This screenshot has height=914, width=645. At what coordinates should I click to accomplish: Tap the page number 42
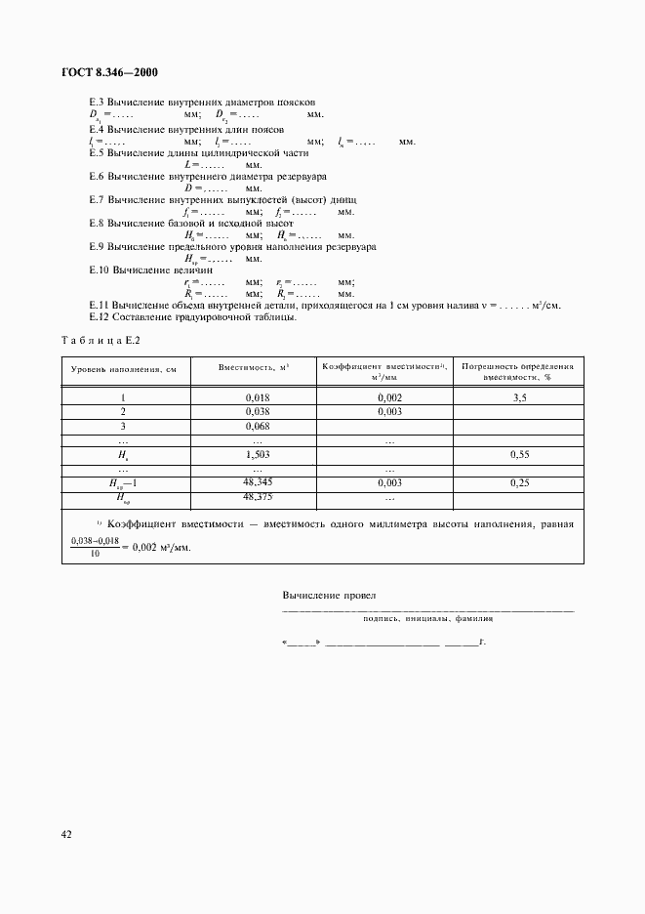tap(65, 833)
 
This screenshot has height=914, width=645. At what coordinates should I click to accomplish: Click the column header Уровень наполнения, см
tap(123, 370)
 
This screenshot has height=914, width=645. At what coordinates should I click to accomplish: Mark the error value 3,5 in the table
tap(519, 397)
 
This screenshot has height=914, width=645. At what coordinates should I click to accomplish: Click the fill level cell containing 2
tap(123, 412)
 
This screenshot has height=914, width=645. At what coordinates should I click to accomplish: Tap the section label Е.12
tap(99, 316)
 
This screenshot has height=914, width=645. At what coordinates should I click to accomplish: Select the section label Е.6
tap(98, 176)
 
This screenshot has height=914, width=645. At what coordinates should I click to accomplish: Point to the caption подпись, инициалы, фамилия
tap(427, 618)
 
